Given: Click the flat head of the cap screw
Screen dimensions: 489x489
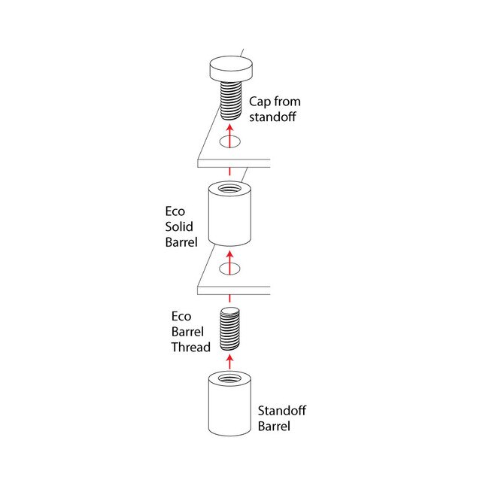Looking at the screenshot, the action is pos(231,68).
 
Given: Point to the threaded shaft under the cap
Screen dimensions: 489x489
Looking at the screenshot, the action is pos(231,100).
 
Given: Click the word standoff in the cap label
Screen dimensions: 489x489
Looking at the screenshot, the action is pos(272,117).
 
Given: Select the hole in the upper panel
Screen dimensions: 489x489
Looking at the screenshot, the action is pos(230,141).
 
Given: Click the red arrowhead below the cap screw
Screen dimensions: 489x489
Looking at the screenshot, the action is pos(230,129).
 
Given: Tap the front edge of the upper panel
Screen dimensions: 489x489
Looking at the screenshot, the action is pos(234,163).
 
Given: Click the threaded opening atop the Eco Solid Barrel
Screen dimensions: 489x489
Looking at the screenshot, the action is pos(230,189).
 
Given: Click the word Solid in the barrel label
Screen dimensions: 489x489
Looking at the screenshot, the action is pos(179,226).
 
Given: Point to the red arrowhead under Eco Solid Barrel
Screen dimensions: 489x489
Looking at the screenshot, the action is pos(230,255).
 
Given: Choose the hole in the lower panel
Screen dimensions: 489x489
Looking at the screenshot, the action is pos(230,269).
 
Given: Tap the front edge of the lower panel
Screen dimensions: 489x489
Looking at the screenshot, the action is pos(234,290).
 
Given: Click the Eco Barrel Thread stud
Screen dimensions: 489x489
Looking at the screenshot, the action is pos(230,329).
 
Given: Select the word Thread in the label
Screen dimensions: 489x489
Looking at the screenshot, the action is pos(191,347).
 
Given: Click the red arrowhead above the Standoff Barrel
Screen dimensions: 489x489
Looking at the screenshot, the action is pos(230,360).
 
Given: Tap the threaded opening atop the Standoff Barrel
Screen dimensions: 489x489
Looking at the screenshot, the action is pos(230,378).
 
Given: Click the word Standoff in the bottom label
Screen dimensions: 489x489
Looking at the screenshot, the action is pos(282,411).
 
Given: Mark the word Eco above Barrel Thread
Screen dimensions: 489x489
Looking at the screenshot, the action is pos(181,317).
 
